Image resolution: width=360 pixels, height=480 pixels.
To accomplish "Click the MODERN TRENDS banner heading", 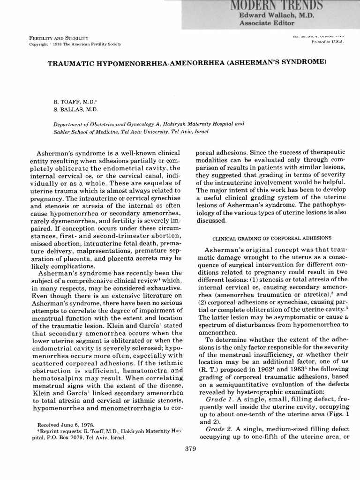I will tap(281, 5).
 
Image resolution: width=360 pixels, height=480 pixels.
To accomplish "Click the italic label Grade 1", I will tap(219, 398).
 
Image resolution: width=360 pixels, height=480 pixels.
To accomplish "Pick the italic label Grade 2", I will tap(219, 429).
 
